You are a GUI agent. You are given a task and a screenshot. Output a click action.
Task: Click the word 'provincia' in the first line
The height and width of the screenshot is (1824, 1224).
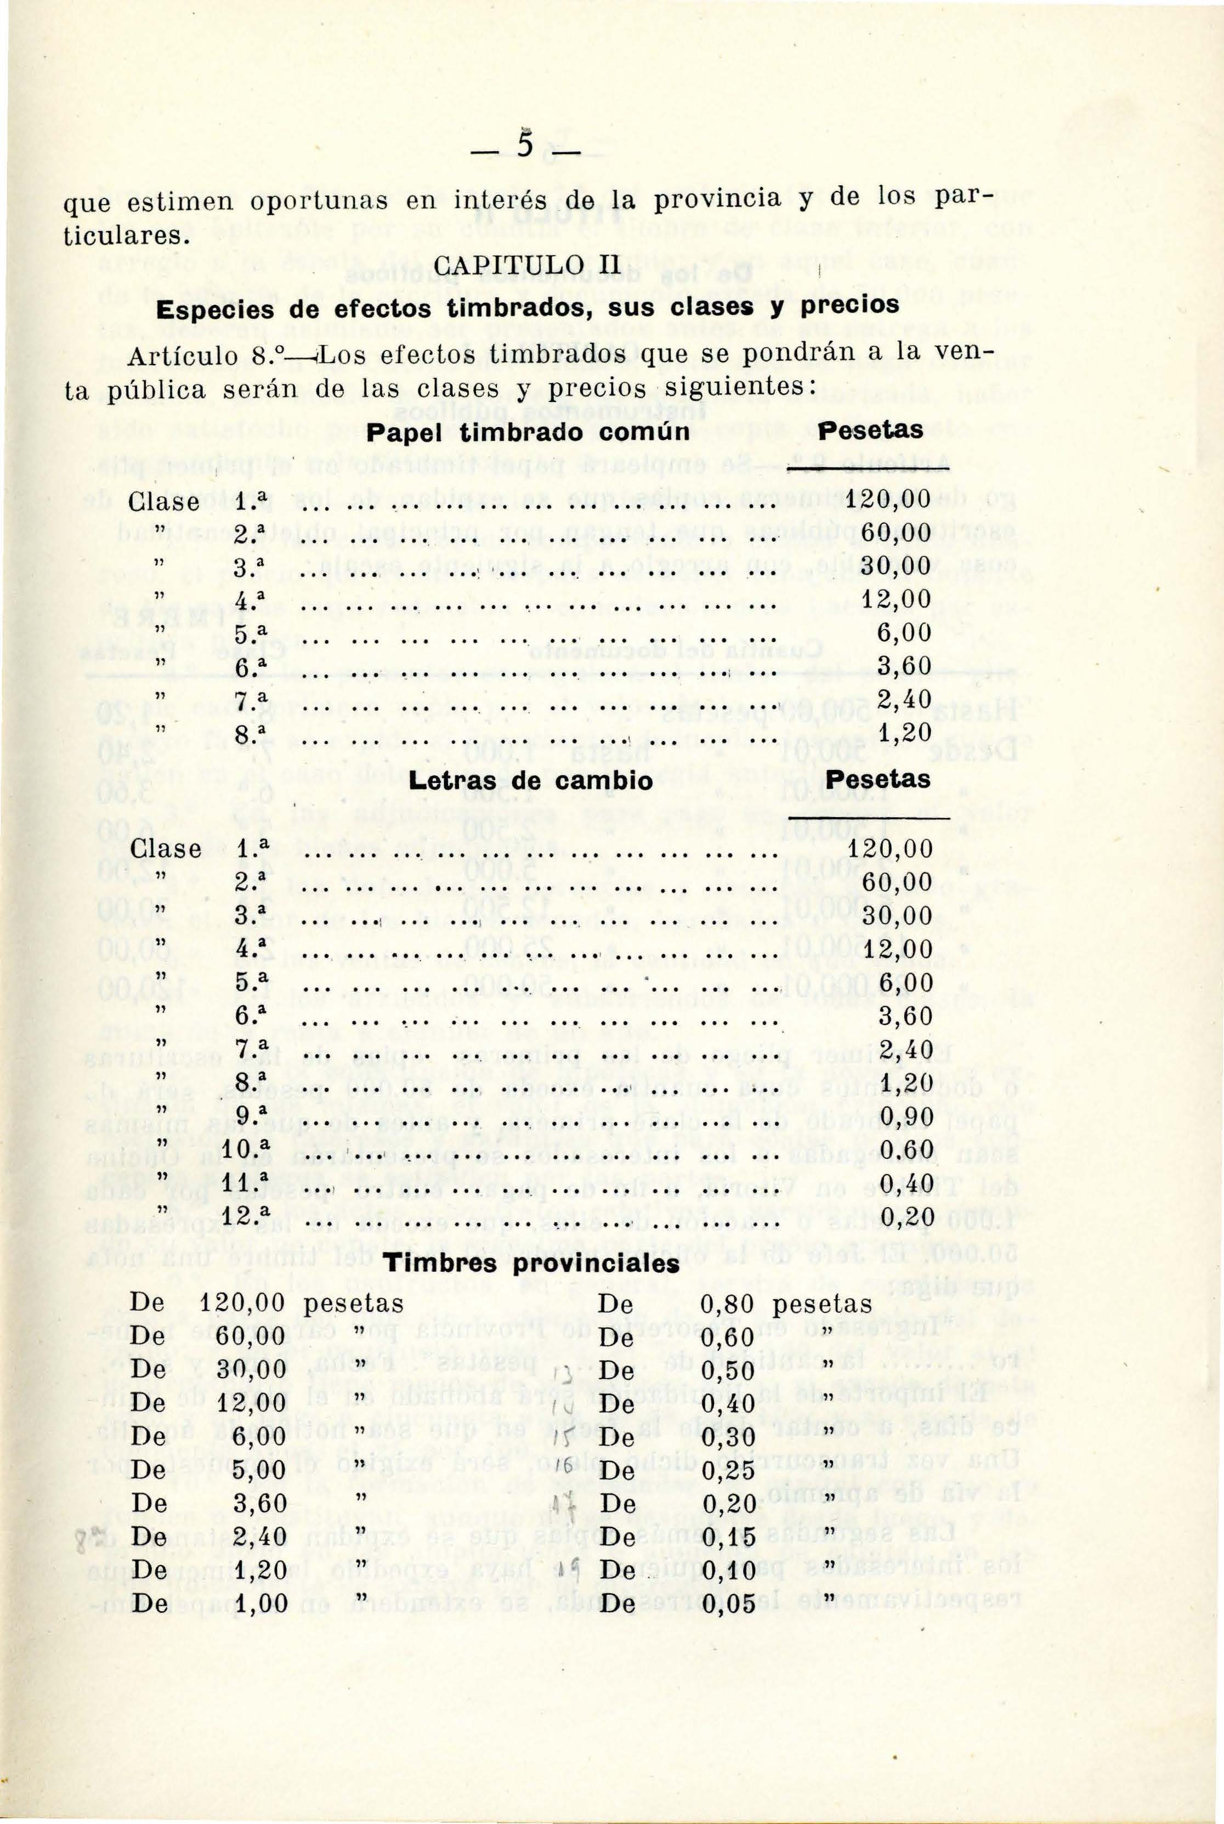click(x=713, y=200)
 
